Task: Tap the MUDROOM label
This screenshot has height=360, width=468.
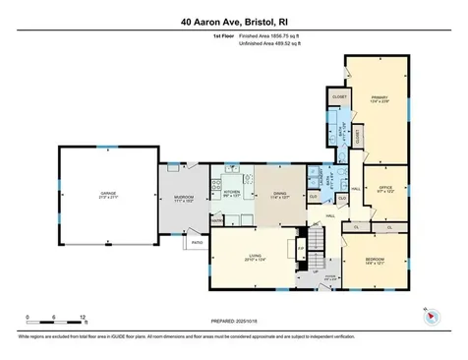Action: coord(184,198)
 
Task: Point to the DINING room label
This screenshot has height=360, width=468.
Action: coord(280,194)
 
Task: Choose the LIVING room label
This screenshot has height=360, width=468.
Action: coord(255,258)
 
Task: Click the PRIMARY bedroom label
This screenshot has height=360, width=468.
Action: coord(380,97)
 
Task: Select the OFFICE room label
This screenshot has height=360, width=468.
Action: coord(385,190)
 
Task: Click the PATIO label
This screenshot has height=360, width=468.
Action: coord(197,241)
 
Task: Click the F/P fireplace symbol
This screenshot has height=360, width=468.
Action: coord(300,248)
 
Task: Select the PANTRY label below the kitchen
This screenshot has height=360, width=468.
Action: coord(217,221)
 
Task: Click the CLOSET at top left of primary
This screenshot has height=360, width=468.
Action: coord(340,98)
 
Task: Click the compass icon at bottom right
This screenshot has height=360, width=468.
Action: coord(431,316)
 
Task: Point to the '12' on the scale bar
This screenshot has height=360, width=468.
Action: coord(86,318)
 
